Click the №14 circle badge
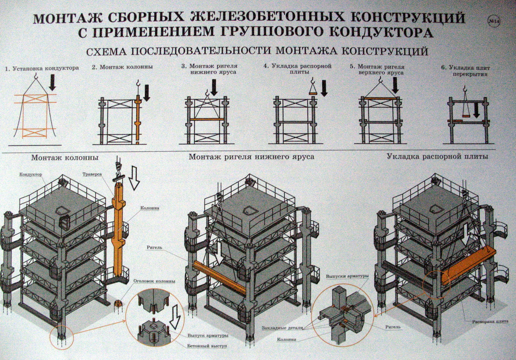(x=494, y=22)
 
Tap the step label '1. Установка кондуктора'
(x=42, y=69)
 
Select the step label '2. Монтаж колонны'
(x=122, y=67)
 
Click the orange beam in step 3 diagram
(x=207, y=119)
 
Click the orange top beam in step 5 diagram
(x=380, y=98)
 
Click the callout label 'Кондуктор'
(x=31, y=174)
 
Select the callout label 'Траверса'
(x=92, y=174)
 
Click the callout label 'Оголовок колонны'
(x=154, y=281)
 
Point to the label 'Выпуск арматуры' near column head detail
(x=208, y=336)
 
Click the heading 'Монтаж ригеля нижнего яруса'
(x=251, y=157)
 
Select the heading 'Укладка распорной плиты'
(x=437, y=157)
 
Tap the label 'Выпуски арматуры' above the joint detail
(x=347, y=276)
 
